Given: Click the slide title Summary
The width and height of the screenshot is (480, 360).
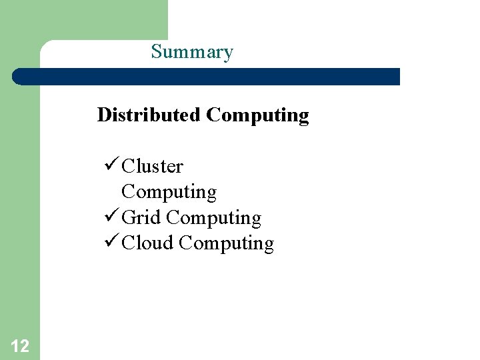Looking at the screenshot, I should point(192,52).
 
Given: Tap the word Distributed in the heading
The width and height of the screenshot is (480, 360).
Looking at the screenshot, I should point(149,115).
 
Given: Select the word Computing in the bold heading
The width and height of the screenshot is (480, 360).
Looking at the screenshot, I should point(257,115).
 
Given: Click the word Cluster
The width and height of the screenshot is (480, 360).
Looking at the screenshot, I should point(153,166).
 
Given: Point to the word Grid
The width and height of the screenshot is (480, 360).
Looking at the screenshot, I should point(141,218).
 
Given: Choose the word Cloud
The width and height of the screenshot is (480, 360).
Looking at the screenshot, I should point(148,243).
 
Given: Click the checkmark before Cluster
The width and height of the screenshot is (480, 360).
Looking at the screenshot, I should point(111,165).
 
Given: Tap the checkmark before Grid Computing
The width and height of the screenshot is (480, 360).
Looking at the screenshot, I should point(111,217).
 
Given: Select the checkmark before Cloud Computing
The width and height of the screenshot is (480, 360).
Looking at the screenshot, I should point(111,243).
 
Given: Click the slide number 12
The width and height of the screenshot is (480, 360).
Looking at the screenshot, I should point(20,345).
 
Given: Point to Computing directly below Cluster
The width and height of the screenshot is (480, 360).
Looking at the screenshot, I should point(169,192).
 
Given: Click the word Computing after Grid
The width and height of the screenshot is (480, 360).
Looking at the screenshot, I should point(213,218).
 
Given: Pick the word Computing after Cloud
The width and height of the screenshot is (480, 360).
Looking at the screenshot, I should point(226,243).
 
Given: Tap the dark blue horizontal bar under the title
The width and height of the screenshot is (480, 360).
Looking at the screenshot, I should point(207,77).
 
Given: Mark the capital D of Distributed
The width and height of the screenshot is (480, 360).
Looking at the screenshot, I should point(104,115).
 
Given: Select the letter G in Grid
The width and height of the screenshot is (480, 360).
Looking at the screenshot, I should point(129,218).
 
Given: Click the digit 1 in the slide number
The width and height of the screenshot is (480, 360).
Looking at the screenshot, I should point(15,345).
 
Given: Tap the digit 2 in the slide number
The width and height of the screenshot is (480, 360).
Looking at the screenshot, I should point(24,345).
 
